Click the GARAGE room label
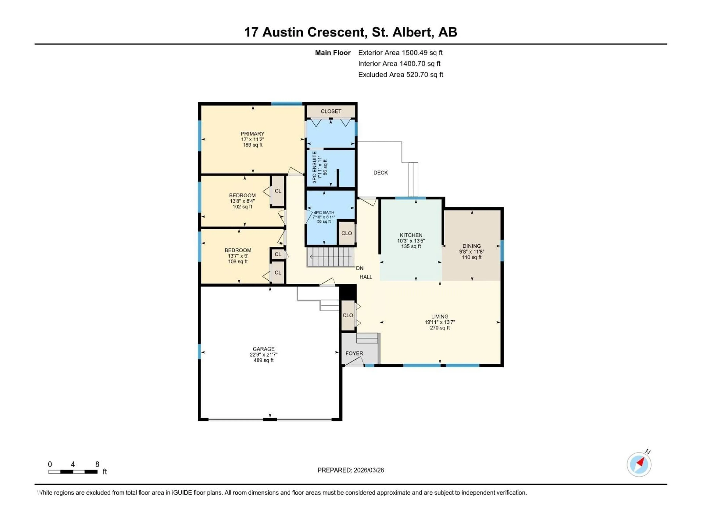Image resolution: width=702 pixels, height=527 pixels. tap(263, 349)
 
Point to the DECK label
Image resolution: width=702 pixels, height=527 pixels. tap(380, 173)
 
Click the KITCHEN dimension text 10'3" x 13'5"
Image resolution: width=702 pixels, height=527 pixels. tap(411, 241)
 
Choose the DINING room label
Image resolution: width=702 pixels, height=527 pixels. tap(472, 246)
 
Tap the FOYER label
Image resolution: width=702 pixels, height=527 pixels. tap(354, 353)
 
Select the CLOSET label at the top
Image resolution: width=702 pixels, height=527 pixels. tap(331, 111)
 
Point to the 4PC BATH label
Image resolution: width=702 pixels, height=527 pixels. tap(324, 212)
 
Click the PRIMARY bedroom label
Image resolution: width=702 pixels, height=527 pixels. tap(252, 134)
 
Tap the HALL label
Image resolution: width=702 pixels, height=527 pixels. tap(366, 277)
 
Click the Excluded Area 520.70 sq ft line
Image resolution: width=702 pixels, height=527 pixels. tap(401, 75)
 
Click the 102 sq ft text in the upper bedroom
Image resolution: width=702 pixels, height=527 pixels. tap(242, 206)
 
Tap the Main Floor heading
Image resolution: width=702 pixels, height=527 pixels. tap(333, 53)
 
